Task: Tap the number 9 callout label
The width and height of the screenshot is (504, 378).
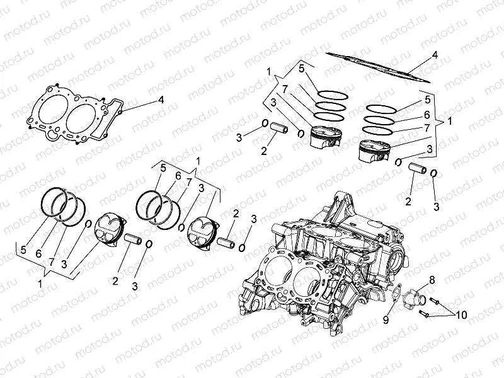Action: [386, 320]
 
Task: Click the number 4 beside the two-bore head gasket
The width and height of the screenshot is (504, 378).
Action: [161, 100]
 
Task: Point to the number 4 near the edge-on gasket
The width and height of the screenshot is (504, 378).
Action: [435, 55]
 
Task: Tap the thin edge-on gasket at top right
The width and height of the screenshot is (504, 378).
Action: [378, 66]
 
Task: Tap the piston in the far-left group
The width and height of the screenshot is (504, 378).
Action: [110, 230]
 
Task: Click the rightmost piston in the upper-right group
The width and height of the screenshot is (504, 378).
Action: [372, 152]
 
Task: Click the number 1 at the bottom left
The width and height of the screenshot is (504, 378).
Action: [41, 283]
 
